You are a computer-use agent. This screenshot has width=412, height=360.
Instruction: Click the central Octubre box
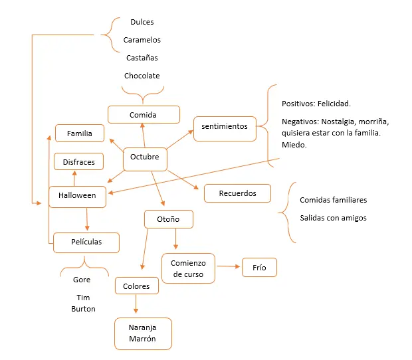click(x=145, y=159)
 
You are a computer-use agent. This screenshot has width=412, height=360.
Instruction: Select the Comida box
click(x=144, y=114)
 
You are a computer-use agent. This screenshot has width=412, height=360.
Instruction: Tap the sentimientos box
click(x=225, y=129)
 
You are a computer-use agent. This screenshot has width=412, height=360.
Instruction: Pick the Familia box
click(x=80, y=133)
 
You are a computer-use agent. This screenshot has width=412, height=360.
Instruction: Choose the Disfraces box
click(x=78, y=161)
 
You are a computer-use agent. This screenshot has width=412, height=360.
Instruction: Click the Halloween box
click(x=78, y=197)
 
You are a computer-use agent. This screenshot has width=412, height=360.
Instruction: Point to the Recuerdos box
click(x=237, y=193)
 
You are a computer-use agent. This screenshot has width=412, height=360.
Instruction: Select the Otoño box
click(x=169, y=219)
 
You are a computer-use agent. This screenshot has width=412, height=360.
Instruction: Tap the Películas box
click(x=86, y=242)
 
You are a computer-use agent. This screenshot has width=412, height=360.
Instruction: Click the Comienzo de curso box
click(x=188, y=268)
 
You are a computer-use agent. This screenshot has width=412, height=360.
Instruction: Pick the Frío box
click(x=259, y=267)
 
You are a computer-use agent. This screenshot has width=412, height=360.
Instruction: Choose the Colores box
click(x=137, y=286)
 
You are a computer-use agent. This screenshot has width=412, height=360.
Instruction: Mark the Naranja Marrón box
click(x=143, y=333)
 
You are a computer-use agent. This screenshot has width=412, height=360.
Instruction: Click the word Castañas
click(x=142, y=58)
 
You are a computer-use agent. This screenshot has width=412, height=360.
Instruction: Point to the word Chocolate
click(x=142, y=76)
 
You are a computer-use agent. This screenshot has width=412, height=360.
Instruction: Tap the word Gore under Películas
click(x=82, y=280)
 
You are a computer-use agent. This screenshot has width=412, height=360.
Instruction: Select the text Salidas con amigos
click(x=333, y=218)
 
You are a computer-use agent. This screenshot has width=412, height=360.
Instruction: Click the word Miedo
click(x=294, y=145)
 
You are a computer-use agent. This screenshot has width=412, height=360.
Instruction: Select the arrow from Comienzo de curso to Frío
click(x=229, y=266)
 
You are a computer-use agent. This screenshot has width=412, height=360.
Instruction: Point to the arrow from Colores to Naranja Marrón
click(x=136, y=304)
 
